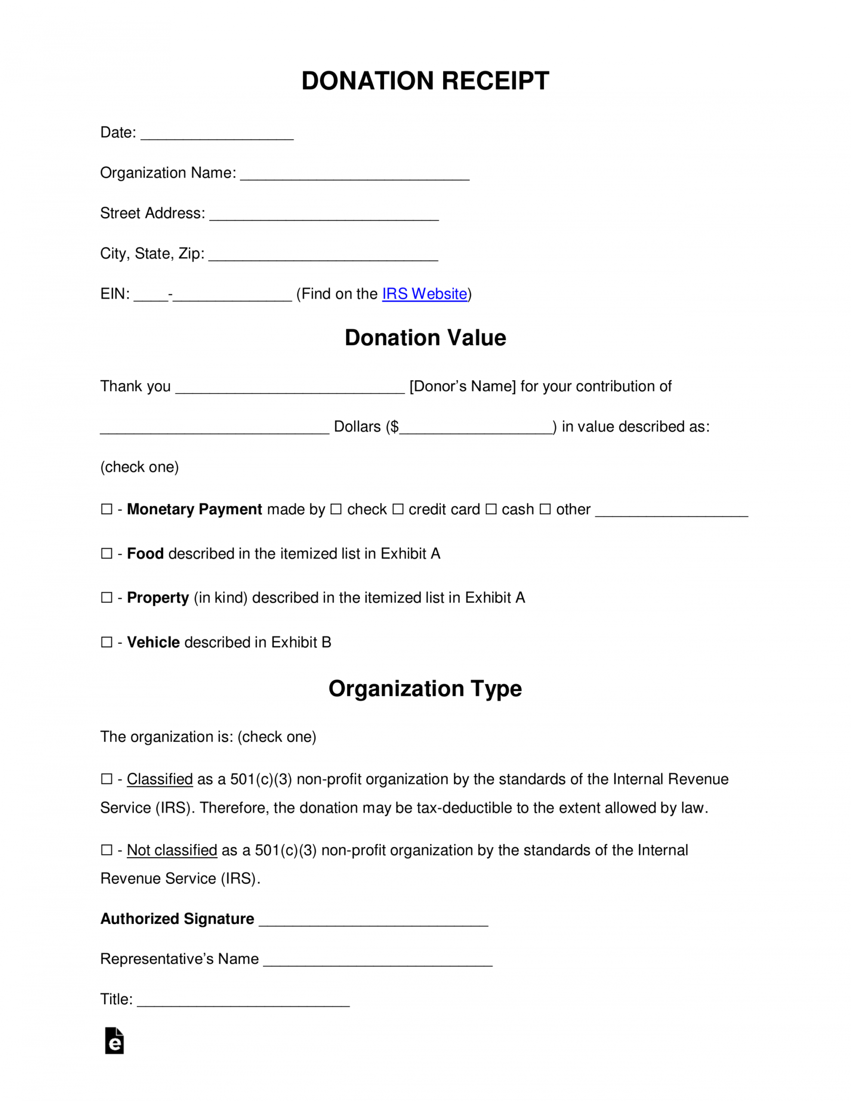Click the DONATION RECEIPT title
pyautogui.click(x=425, y=81)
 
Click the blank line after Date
pyautogui.click(x=217, y=135)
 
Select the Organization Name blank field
pyautogui.click(x=355, y=175)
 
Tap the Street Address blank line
pyautogui.click(x=324, y=216)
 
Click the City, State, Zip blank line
pyautogui.click(x=324, y=256)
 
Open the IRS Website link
pyautogui.click(x=424, y=294)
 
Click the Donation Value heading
pyautogui.click(x=425, y=338)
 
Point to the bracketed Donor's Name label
pyautogui.click(x=462, y=386)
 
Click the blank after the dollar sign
pyautogui.click(x=476, y=430)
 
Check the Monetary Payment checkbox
pyautogui.click(x=106, y=509)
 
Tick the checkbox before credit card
pyautogui.click(x=398, y=509)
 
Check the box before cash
pyautogui.click(x=491, y=509)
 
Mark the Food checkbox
pyautogui.click(x=106, y=554)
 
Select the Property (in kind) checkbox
pyautogui.click(x=106, y=597)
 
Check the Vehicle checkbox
pyautogui.click(x=106, y=642)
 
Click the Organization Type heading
pyautogui.click(x=425, y=689)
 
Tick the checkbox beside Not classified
pyautogui.click(x=106, y=850)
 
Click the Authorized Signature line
pyautogui.click(x=373, y=922)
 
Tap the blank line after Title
pyautogui.click(x=243, y=1002)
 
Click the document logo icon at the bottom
pyautogui.click(x=114, y=1041)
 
